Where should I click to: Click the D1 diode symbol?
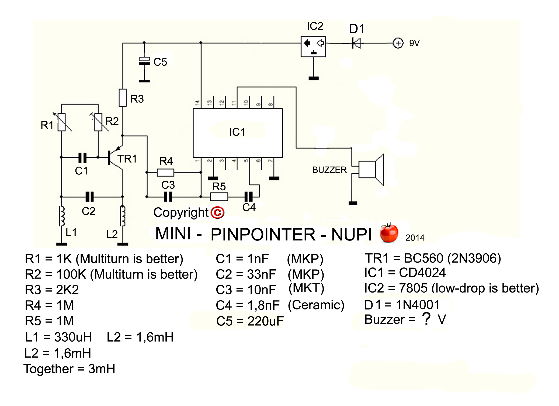pos(356,43)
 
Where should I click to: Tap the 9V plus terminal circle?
pos(398,43)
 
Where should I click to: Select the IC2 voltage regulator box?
pos(313,47)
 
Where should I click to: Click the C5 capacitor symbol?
pos(144,61)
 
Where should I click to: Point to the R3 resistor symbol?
pos(123,98)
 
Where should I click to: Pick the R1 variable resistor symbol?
pos(62,122)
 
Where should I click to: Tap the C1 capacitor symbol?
pos(82,158)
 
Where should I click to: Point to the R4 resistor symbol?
pos(165,172)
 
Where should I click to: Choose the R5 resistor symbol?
pos(219,197)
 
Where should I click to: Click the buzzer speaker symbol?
pos(370,170)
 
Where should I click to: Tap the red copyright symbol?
pos(217,213)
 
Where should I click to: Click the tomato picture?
pos(389,233)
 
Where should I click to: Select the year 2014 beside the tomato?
pos(415,238)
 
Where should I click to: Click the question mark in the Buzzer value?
pos(426,319)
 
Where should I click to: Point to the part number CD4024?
pos(422,273)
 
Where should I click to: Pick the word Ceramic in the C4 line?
pos(316,305)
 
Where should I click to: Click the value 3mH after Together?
pos(102,369)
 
